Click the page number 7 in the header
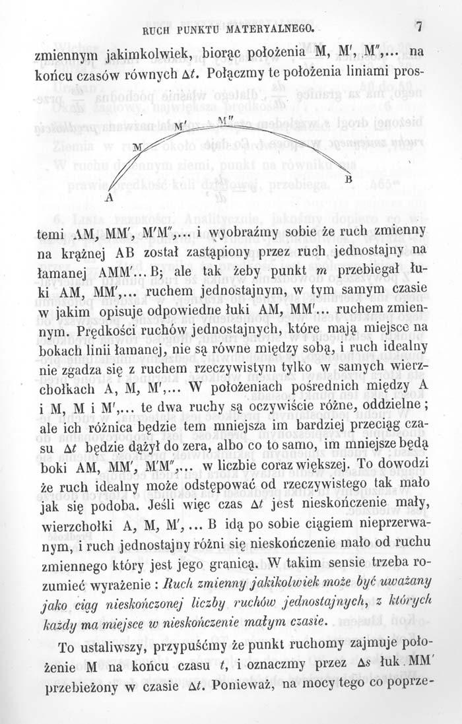coord(418,28)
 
